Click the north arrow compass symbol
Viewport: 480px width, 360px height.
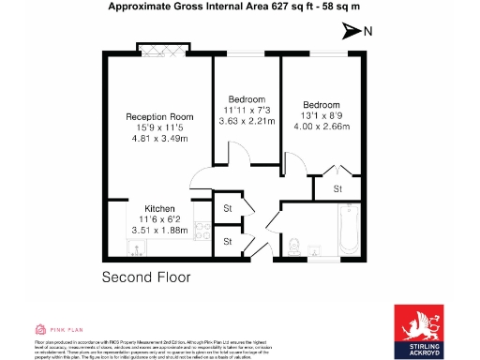[352, 32]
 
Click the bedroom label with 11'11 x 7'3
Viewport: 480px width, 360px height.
[247, 99]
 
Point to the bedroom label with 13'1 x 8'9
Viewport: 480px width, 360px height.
[321, 104]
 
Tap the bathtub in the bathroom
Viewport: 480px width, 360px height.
[347, 230]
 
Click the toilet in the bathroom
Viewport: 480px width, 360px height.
[295, 247]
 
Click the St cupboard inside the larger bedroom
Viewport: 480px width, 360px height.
[339, 188]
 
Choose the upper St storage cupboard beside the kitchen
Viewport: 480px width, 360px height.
[227, 208]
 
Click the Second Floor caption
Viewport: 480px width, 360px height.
[146, 277]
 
